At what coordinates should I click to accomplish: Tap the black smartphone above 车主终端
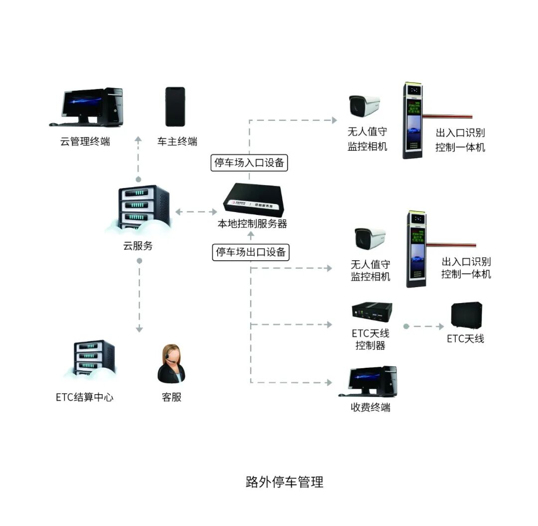[x=175, y=106]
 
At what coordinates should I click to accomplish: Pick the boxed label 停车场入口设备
[x=249, y=163]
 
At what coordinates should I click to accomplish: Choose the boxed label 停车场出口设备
[x=251, y=252]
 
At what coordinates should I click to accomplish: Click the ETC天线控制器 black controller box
[x=371, y=312]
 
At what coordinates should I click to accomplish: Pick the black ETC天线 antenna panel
[x=466, y=315]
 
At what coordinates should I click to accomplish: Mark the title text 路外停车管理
[x=284, y=482]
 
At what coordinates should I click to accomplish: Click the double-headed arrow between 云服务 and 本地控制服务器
[x=196, y=212]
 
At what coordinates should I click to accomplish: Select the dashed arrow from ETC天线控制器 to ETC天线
[x=424, y=326]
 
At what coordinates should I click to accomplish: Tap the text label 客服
[x=171, y=397]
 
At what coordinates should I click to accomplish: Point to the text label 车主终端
[x=177, y=141]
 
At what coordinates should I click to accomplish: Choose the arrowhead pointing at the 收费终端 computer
[x=329, y=383]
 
